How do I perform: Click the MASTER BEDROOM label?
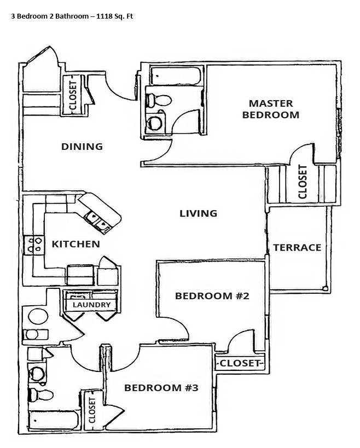[x=271, y=109]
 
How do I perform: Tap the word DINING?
[x=82, y=147]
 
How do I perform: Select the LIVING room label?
[x=198, y=213]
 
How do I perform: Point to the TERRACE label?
[x=297, y=247]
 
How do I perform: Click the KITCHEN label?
[x=76, y=244]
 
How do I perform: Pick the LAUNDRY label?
[x=91, y=305]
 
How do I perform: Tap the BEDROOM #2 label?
[x=212, y=296]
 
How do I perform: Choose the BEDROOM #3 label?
[x=161, y=388]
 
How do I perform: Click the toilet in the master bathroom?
[x=159, y=100]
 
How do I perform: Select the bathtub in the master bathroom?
[x=176, y=76]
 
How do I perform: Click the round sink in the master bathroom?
[x=154, y=123]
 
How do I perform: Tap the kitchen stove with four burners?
[x=34, y=245]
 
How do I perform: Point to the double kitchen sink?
[x=98, y=222]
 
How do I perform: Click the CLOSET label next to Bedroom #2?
[x=240, y=363]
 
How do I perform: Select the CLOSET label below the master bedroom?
[x=303, y=182]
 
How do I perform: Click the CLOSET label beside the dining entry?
[x=73, y=95]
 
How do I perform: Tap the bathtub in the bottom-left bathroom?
[x=54, y=421]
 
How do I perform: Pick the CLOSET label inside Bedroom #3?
[x=92, y=410]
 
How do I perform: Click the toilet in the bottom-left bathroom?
[x=42, y=394]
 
